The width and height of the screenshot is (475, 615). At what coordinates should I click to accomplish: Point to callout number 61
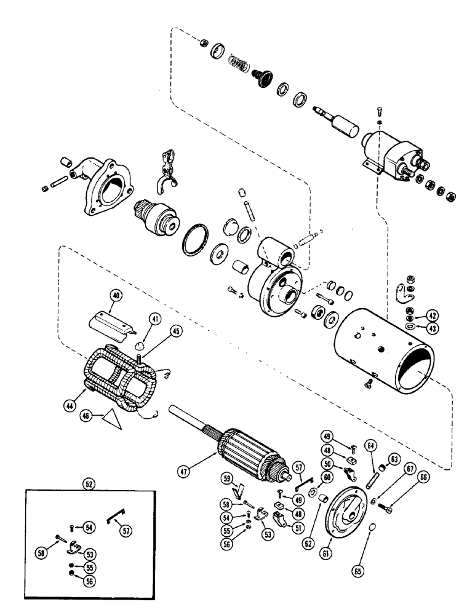(x=327, y=542)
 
